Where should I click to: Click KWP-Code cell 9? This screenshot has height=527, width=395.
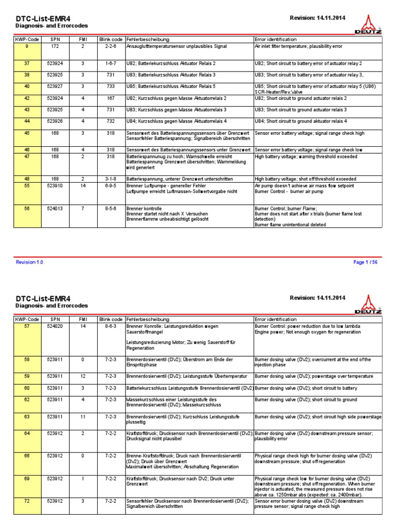27,46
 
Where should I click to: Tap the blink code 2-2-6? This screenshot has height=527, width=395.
111,46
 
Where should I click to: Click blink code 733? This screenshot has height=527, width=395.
111,86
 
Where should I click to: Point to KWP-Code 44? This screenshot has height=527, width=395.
27,121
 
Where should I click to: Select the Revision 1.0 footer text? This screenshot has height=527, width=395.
29,262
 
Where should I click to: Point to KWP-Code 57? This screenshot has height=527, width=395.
27,326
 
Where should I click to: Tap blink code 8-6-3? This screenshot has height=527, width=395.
111,326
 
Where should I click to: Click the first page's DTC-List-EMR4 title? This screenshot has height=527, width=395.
43,18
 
